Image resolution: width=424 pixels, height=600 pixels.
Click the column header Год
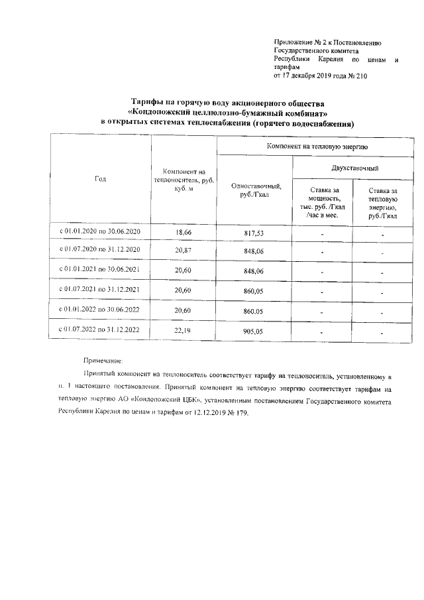pos(100,179)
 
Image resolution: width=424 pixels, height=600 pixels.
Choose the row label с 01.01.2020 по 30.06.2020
pos(101,233)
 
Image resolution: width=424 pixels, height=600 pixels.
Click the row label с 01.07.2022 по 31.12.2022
pos(101,329)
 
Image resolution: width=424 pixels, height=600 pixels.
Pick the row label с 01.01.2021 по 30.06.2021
pos(101,270)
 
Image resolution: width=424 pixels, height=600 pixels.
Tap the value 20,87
pos(183,252)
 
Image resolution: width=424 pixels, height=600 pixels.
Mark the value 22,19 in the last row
pos(183,330)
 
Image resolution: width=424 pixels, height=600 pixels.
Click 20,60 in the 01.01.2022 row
pos(183,310)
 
